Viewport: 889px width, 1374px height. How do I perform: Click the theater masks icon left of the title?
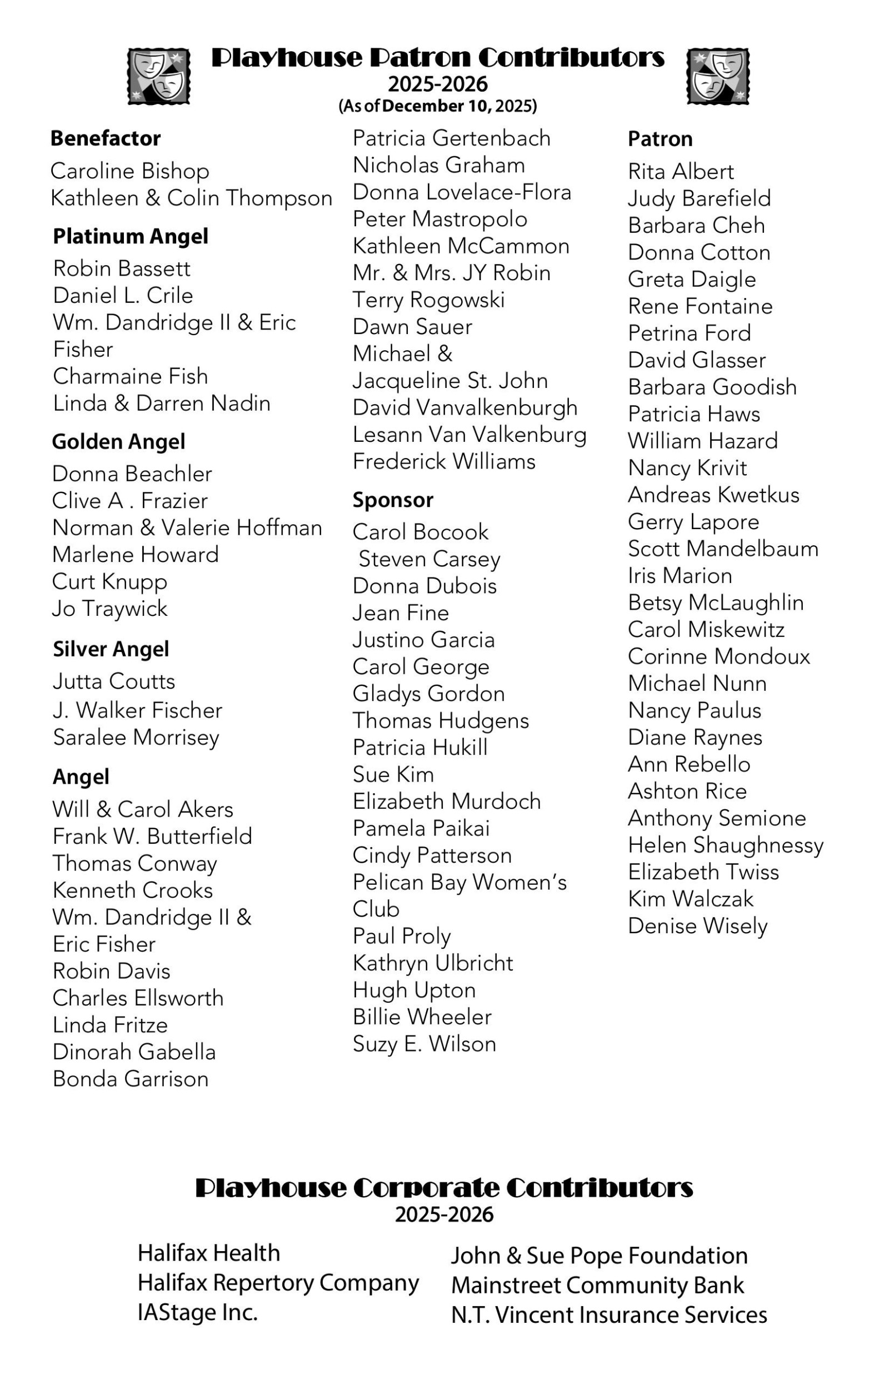point(159,76)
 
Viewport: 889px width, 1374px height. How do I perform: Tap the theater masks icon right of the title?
point(717,76)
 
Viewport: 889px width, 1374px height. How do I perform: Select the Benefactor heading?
point(105,138)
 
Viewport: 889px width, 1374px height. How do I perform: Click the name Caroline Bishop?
point(130,171)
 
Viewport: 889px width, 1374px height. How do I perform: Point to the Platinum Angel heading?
point(131,236)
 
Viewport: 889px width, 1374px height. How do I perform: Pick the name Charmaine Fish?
point(131,376)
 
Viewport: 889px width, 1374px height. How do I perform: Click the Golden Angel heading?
point(118,442)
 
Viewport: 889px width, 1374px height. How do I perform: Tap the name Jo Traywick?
point(109,609)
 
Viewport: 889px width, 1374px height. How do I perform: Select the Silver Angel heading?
point(111,649)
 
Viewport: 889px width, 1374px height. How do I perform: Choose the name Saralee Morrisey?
point(136,737)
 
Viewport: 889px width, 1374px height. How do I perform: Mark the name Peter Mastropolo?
point(440,219)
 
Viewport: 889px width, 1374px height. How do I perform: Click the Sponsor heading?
point(392,500)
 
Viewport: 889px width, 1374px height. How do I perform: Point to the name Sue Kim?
point(393,774)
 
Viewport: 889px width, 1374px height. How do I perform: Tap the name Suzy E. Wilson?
point(424,1044)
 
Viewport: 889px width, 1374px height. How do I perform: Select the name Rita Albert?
point(681,171)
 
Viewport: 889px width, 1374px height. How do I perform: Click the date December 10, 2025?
point(458,106)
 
